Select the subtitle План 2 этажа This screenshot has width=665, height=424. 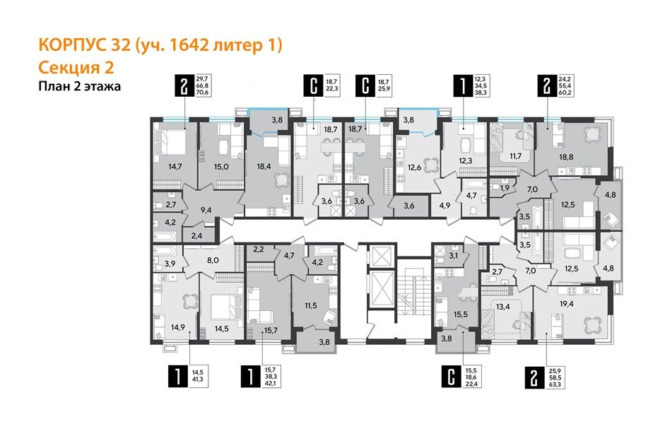click(79, 87)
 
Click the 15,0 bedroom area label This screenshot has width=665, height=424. click(221, 167)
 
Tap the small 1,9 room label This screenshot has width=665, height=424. click(504, 189)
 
